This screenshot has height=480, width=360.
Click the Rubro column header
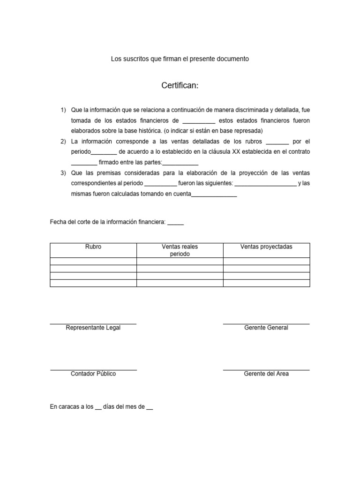click(93, 247)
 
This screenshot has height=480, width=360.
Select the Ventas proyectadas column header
click(266, 247)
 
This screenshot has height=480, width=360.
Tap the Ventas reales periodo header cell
click(180, 250)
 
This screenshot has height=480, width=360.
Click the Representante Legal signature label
click(93, 328)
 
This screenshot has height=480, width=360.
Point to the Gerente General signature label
click(266, 328)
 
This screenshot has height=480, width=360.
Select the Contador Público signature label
click(93, 374)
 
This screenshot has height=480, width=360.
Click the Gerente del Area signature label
click(266, 374)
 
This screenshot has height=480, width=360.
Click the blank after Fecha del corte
click(175, 222)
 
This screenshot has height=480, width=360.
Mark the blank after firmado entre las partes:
click(180, 163)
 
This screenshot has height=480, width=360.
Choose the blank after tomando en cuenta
click(214, 195)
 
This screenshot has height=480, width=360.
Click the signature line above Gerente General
click(266, 323)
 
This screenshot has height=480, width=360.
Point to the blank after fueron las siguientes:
click(265, 184)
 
